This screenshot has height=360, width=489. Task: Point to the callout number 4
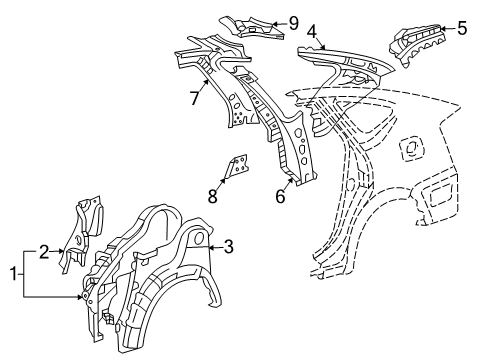pos(312,32)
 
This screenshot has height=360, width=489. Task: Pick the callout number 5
pos(461,28)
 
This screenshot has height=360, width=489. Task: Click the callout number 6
pos(280,197)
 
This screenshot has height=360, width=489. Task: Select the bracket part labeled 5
pos(420,45)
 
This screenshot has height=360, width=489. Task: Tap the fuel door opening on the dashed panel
pos(407,148)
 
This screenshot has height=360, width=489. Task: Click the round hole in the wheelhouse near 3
pos(197,239)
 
